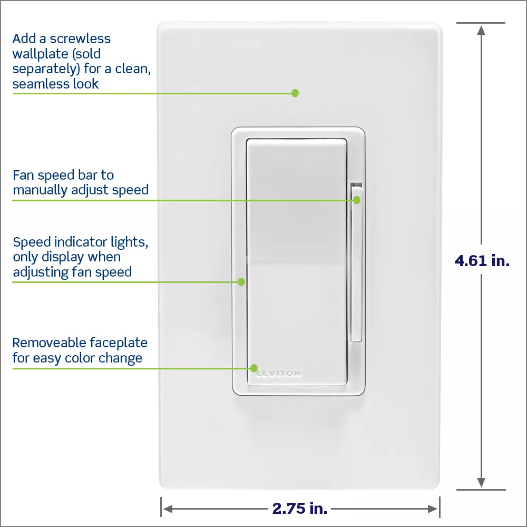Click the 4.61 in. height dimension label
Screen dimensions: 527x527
click(x=482, y=260)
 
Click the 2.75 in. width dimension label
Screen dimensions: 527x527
click(x=300, y=508)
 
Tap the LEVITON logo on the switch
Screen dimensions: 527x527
click(x=279, y=373)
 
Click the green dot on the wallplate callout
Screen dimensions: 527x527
click(x=295, y=93)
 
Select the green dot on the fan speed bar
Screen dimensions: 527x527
click(x=357, y=200)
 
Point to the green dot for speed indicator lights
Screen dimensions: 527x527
click(x=241, y=281)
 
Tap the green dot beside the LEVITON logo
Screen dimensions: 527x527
click(x=254, y=368)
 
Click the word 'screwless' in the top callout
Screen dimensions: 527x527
click(x=80, y=38)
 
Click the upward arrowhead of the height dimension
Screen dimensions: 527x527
click(x=481, y=30)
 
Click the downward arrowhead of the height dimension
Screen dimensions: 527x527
click(x=481, y=482)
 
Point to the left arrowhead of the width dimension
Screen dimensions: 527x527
click(x=168, y=509)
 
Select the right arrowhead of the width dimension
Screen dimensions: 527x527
click(x=433, y=509)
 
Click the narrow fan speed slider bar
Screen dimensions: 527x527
click(x=356, y=262)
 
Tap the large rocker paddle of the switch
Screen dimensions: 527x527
click(x=297, y=262)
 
